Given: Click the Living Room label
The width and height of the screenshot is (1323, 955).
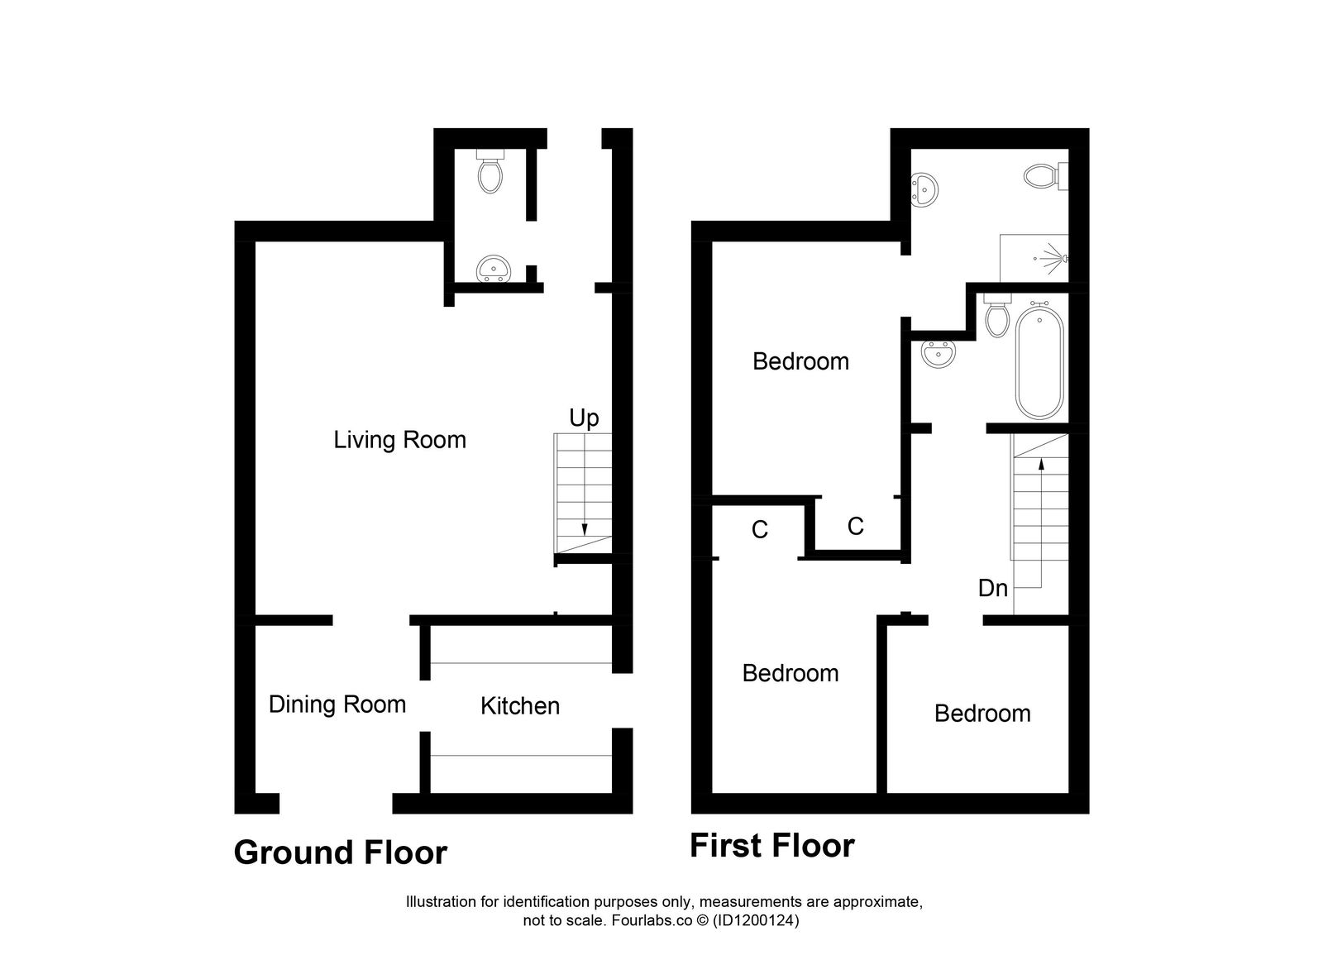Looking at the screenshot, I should (399, 439).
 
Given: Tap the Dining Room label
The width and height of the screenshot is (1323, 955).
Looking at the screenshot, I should (337, 704).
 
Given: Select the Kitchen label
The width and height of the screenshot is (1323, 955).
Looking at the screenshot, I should (520, 705).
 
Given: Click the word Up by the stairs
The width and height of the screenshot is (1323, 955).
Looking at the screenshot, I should (584, 418).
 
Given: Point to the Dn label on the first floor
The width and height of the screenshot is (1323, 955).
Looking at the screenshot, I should (993, 588).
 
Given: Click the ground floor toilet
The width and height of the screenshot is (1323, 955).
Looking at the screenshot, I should (490, 172).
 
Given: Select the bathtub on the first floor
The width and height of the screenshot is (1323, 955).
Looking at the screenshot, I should (1039, 362).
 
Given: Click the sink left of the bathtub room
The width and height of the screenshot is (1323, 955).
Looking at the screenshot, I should (939, 354).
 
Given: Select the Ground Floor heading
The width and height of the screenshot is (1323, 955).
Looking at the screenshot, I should (340, 852).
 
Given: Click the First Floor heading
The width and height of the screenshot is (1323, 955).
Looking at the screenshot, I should (772, 846).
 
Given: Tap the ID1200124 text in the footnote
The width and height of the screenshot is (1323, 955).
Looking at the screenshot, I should (755, 919).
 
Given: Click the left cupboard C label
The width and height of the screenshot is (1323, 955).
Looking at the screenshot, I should (760, 529).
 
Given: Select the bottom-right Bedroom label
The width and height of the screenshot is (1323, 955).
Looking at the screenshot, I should (982, 714).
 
